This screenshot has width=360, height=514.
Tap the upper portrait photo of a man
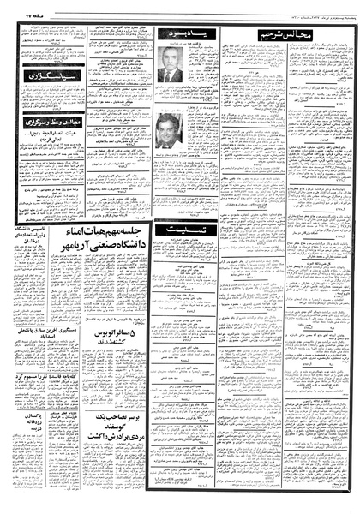pyautogui.click(x=170, y=63)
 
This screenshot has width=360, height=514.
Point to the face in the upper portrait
pyautogui.click(x=170, y=58)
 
